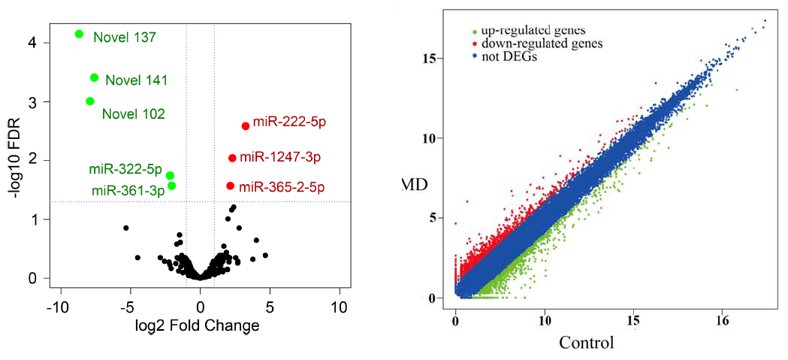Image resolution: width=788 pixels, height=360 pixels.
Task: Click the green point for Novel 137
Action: pyautogui.click(x=80, y=34)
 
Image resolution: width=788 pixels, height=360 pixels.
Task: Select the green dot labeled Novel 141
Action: pyautogui.click(x=95, y=77)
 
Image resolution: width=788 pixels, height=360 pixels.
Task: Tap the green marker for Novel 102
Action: pyautogui.click(x=90, y=101)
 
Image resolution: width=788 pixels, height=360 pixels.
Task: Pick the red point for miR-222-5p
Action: pyautogui.click(x=246, y=126)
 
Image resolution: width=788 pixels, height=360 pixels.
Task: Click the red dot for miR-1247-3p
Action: pyautogui.click(x=232, y=158)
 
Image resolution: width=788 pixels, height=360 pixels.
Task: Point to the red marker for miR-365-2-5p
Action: pyautogui.click(x=230, y=186)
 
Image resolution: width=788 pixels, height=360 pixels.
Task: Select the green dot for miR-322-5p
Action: pyautogui.click(x=170, y=175)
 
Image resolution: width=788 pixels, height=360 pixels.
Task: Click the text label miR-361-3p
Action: pyautogui.click(x=128, y=190)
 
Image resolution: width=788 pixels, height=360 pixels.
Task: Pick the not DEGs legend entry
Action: pyautogui.click(x=511, y=56)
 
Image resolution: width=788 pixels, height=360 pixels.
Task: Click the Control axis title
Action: pyautogui.click(x=587, y=343)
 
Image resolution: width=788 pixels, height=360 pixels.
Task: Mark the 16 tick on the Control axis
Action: pyautogui.click(x=722, y=320)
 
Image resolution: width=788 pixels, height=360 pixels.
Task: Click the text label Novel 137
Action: pyautogui.click(x=124, y=36)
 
